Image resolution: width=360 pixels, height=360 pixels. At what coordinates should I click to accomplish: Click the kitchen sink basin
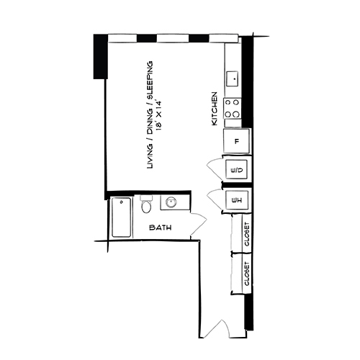coord(233,77)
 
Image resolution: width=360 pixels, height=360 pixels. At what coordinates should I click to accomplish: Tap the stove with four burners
coord(233,109)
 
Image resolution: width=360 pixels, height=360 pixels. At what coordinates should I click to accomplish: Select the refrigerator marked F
coord(236,141)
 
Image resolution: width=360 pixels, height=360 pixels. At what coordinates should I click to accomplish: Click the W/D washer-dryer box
coord(236,170)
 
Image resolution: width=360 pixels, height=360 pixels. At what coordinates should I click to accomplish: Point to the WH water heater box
coord(236,199)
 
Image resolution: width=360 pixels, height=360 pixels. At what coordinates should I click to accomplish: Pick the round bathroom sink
coord(172,203)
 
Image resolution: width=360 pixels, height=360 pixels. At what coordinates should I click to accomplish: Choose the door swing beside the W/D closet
coord(215,170)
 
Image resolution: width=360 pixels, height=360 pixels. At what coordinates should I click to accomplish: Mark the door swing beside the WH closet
coord(215,199)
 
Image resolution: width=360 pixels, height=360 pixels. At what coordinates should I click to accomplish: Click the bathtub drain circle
coord(122,202)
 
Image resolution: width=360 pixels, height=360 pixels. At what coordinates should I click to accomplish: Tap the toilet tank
coord(146,198)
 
